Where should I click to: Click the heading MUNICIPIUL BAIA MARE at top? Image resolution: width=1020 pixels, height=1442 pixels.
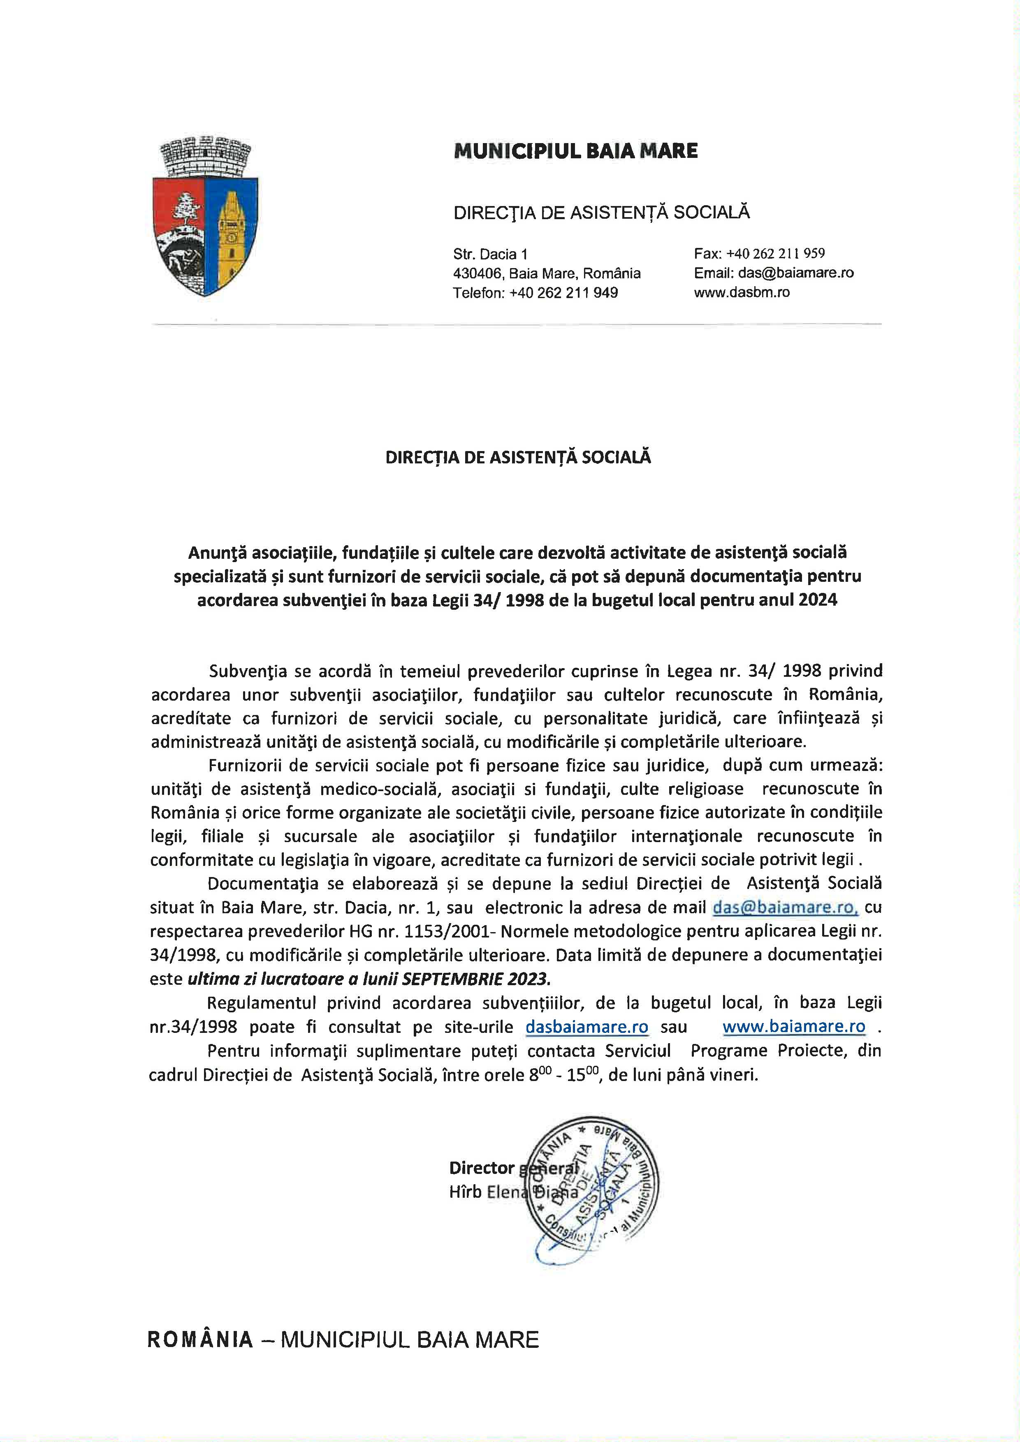pyautogui.click(x=575, y=151)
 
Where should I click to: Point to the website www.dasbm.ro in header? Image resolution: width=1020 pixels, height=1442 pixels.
pyautogui.click(x=742, y=292)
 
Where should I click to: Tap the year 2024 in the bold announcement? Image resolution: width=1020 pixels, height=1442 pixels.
pyautogui.click(x=818, y=600)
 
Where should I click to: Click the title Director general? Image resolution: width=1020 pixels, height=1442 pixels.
pyautogui.click(x=513, y=1168)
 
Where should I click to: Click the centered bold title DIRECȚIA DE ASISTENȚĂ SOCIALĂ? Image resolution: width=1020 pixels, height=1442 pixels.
pyautogui.click(x=518, y=458)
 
